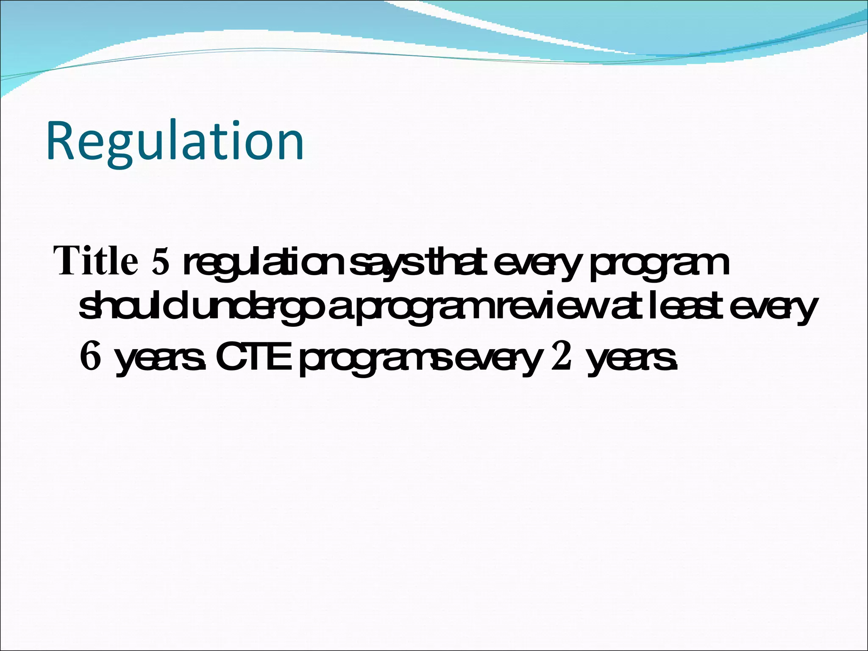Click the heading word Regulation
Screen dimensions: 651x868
[x=175, y=142]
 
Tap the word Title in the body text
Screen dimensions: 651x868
[x=96, y=261]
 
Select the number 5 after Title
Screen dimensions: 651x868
[x=160, y=262]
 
